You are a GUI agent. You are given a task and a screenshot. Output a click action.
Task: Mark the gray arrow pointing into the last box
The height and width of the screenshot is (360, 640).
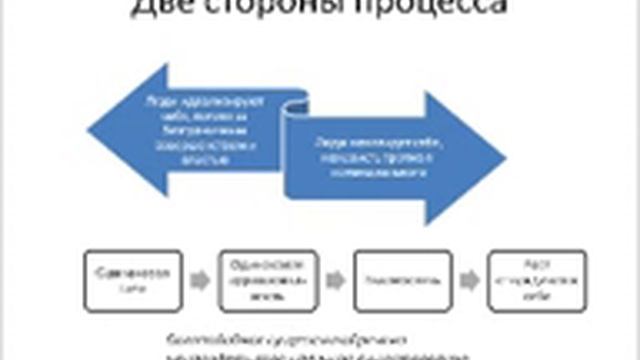(x=468, y=280)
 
